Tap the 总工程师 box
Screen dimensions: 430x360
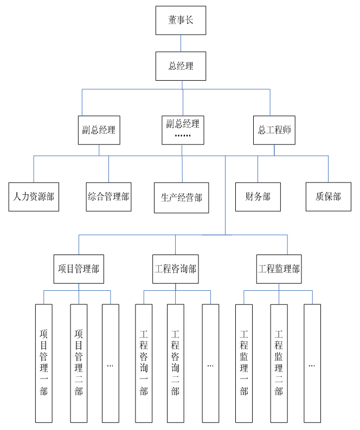click(274, 130)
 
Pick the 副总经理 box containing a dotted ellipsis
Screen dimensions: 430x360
click(183, 130)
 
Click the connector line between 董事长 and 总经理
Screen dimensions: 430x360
click(181, 43)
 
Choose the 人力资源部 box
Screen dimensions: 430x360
click(34, 197)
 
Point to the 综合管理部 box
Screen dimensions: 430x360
click(108, 196)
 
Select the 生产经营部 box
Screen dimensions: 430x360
click(181, 197)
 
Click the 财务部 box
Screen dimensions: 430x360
click(258, 197)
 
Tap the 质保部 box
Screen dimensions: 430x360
click(328, 196)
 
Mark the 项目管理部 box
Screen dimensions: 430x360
click(79, 269)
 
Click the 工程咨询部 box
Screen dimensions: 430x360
click(175, 269)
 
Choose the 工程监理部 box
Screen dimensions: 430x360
click(279, 269)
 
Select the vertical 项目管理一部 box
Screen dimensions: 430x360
click(44, 363)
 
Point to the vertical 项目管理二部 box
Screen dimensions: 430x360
click(79, 363)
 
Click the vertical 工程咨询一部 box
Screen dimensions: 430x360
click(144, 363)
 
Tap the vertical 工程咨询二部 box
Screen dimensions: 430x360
click(175, 363)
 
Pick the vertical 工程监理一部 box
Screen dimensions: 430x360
click(243, 363)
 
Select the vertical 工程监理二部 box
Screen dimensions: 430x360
click(279, 363)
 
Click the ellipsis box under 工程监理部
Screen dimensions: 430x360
click(312, 363)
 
